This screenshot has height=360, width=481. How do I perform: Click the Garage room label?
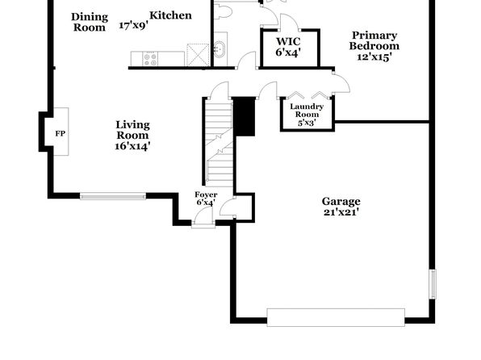pyautogui.click(x=341, y=202)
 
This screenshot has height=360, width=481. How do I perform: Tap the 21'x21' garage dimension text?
pyautogui.click(x=341, y=212)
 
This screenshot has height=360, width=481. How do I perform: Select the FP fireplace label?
pyautogui.click(x=60, y=133)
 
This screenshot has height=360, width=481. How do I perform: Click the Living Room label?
pyautogui.click(x=132, y=130)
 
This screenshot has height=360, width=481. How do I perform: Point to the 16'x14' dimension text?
pyautogui.click(x=132, y=146)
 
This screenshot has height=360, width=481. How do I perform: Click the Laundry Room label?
pyautogui.click(x=307, y=111)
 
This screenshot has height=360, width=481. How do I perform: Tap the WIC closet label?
pyautogui.click(x=288, y=41)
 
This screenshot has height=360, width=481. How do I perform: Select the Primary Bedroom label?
pyautogui.click(x=374, y=40)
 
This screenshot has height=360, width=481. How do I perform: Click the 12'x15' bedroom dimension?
pyautogui.click(x=374, y=57)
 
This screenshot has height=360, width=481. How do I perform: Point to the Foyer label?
pyautogui.click(x=206, y=195)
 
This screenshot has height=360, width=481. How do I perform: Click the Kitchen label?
pyautogui.click(x=170, y=15)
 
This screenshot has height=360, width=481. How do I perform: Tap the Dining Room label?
pyautogui.click(x=90, y=22)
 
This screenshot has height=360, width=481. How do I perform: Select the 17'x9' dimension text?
pyautogui.click(x=133, y=25)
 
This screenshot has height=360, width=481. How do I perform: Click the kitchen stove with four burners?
pyautogui.click(x=150, y=59)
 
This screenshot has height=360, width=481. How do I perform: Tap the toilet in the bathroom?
pyautogui.click(x=224, y=13)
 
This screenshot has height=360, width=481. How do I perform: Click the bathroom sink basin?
pyautogui.click(x=220, y=49)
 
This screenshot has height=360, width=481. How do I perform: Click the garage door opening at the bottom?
pyautogui.click(x=336, y=317)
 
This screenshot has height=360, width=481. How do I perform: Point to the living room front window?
pyautogui.click(x=113, y=196)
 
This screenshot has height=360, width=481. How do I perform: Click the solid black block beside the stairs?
pyautogui.click(x=245, y=116)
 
